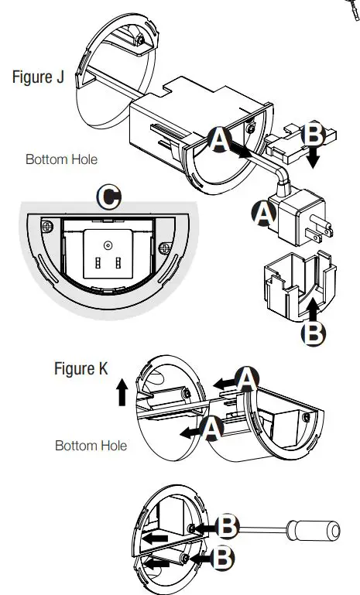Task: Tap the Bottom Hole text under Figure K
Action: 91,446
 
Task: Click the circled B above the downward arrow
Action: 314,133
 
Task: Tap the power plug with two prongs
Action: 302,217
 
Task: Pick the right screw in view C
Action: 164,248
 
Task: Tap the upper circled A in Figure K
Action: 246,379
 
